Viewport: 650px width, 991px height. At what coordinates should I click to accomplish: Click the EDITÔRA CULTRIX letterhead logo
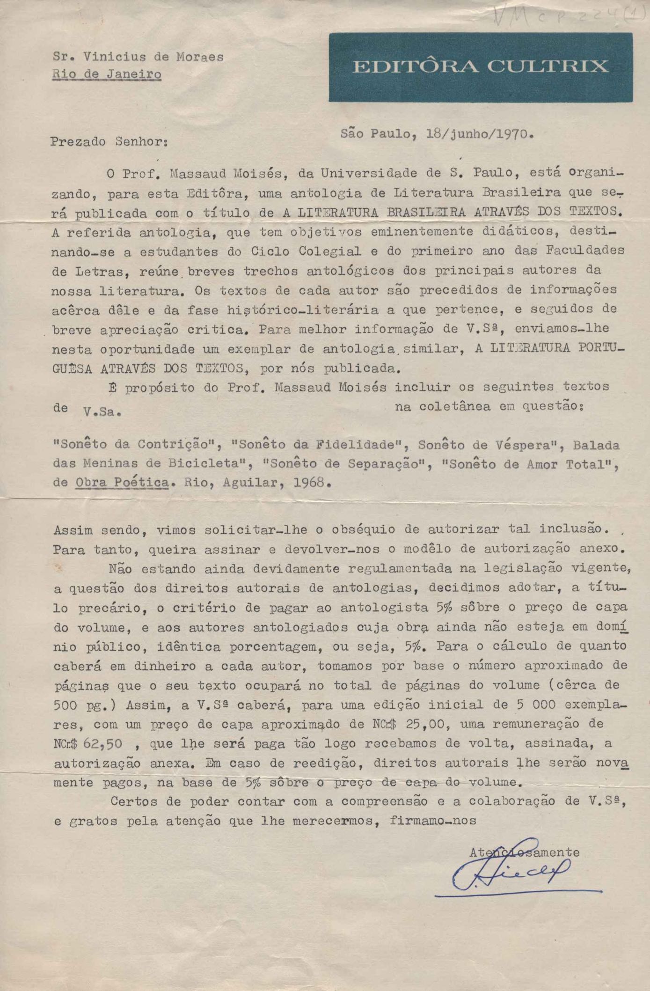pyautogui.click(x=480, y=67)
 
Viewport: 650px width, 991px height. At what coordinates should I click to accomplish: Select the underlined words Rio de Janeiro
pyautogui.click(x=107, y=74)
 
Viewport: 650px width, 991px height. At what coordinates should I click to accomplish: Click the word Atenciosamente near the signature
pyautogui.click(x=524, y=852)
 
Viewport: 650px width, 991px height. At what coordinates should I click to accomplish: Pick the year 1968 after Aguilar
pyautogui.click(x=309, y=482)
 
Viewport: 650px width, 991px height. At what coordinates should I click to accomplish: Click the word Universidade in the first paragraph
pyautogui.click(x=367, y=173)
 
